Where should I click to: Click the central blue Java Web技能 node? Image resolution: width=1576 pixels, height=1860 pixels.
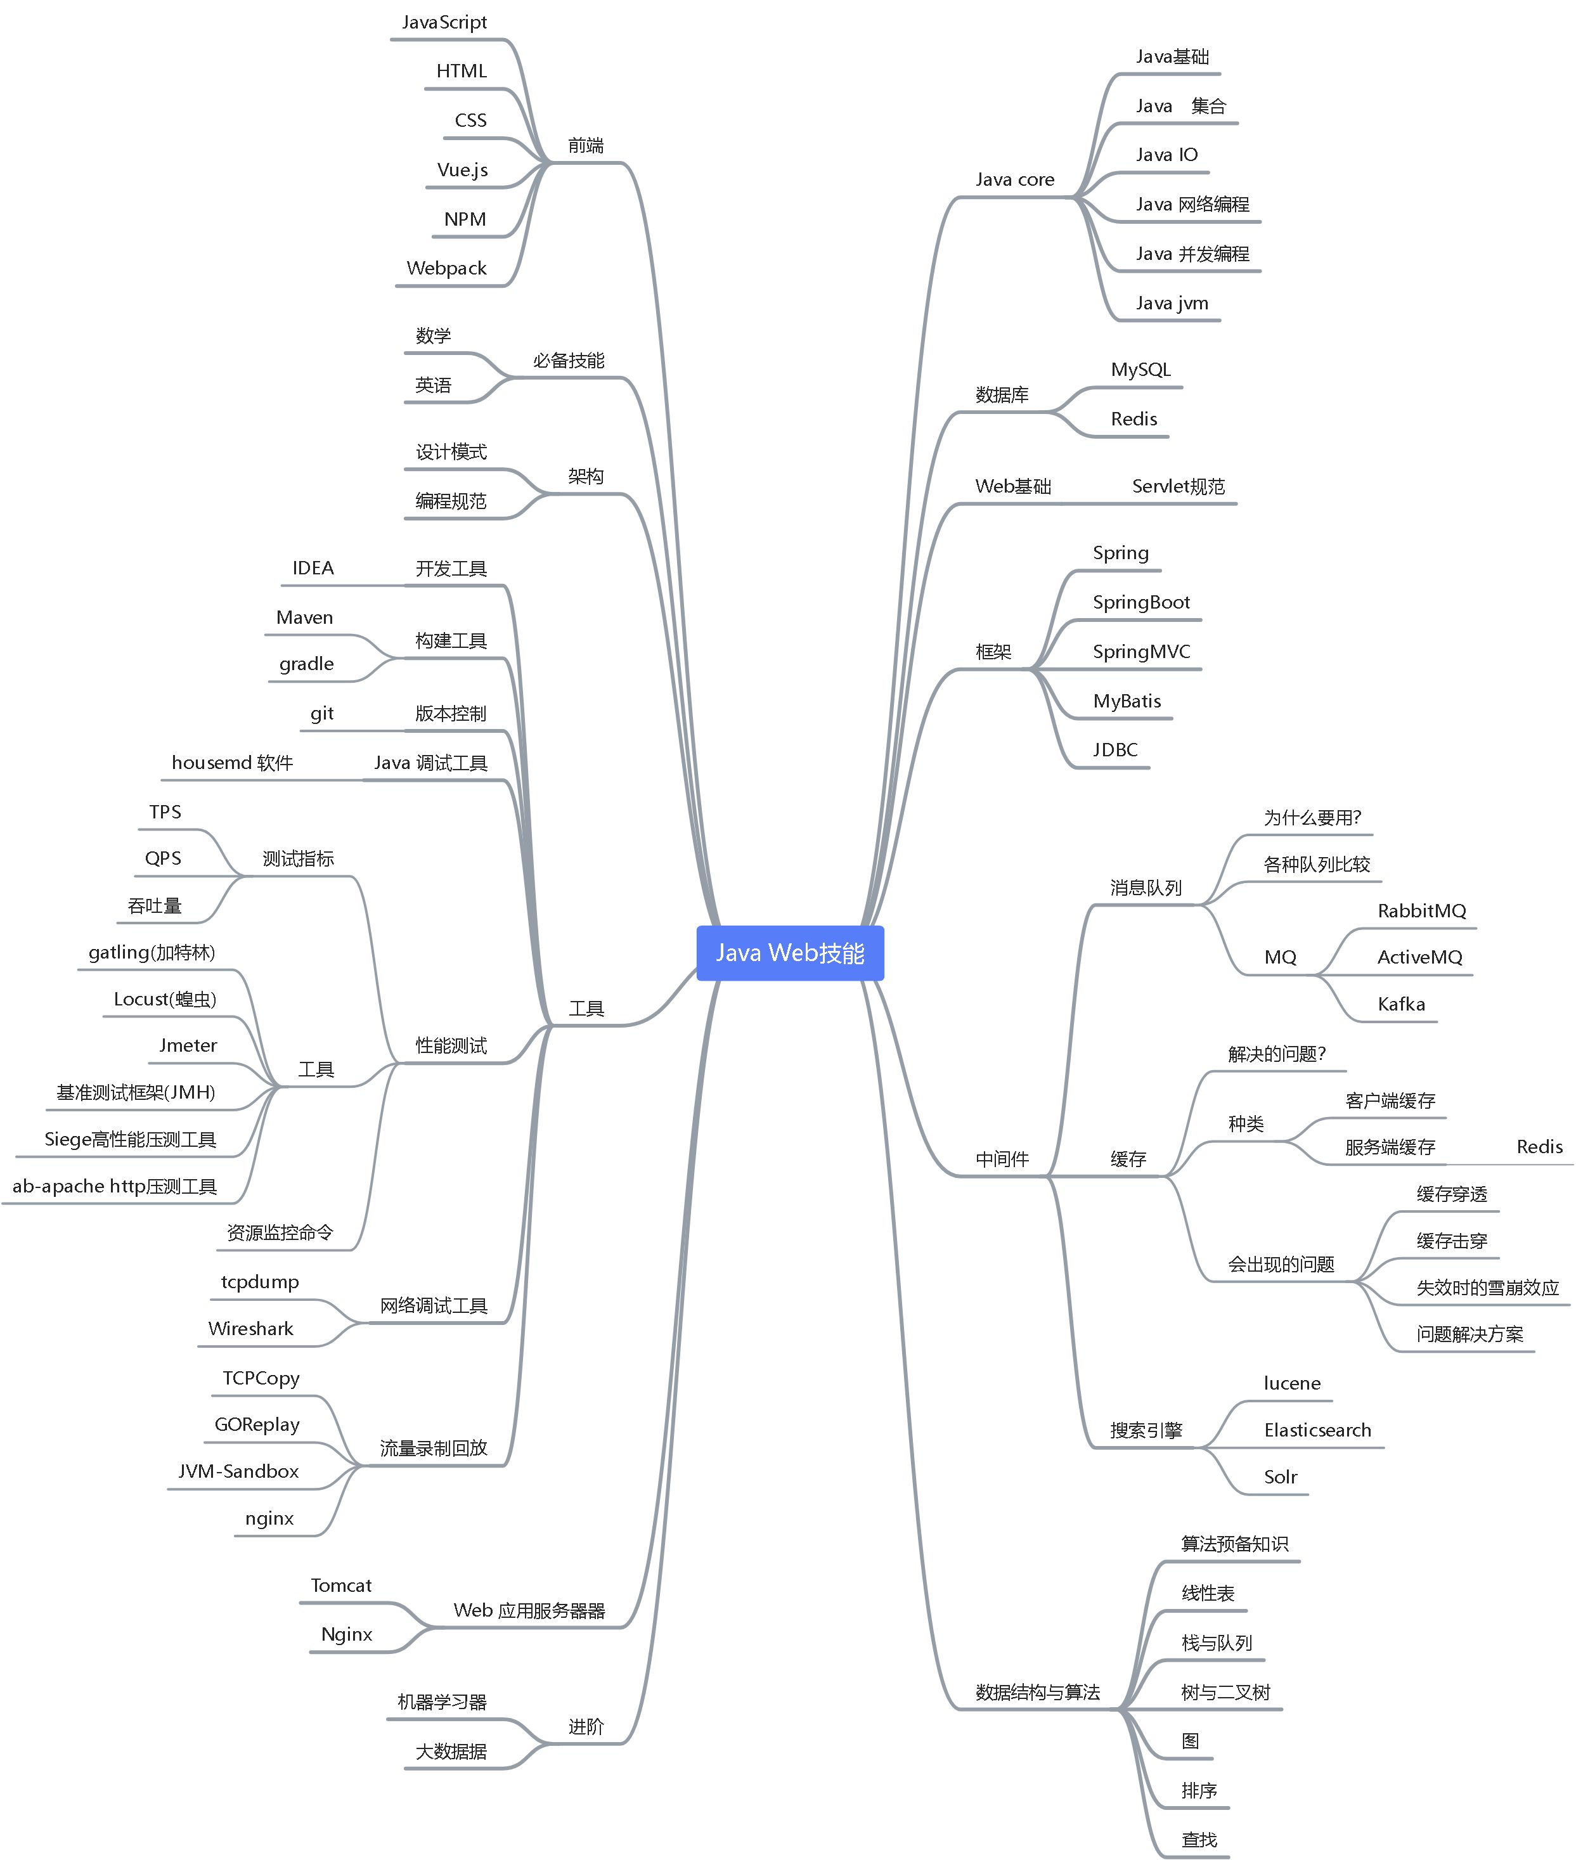pyautogui.click(x=790, y=953)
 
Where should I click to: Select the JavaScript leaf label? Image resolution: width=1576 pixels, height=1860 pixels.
pyautogui.click(x=444, y=22)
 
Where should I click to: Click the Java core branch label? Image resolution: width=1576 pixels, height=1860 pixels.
pyautogui.click(x=1014, y=179)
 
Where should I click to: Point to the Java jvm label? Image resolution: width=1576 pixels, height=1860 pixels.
pyautogui.click(x=1172, y=304)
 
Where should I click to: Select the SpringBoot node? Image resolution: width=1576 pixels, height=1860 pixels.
pyautogui.click(x=1141, y=603)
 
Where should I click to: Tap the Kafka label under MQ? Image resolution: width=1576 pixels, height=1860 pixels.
pyautogui.click(x=1401, y=1004)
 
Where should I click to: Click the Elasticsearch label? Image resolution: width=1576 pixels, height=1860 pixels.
pyautogui.click(x=1317, y=1430)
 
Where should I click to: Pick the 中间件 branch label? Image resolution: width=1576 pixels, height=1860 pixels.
pyautogui.click(x=1002, y=1159)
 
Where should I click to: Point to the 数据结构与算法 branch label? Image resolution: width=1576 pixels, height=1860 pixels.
pyautogui.click(x=1037, y=1692)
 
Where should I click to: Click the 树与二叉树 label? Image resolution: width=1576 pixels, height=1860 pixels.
pyautogui.click(x=1225, y=1692)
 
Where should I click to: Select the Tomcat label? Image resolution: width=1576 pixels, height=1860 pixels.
pyautogui.click(x=340, y=1586)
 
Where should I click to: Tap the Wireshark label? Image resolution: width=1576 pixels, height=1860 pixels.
pyautogui.click(x=250, y=1329)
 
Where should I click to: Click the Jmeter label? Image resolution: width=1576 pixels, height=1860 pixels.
pyautogui.click(x=188, y=1045)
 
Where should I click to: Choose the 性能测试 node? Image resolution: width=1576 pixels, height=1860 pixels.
pyautogui.click(x=451, y=1045)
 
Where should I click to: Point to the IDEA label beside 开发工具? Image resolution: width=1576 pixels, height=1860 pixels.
pyautogui.click(x=313, y=568)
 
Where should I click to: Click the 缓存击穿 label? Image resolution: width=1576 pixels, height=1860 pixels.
pyautogui.click(x=1451, y=1241)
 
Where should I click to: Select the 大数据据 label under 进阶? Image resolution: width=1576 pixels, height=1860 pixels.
pyautogui.click(x=451, y=1751)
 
